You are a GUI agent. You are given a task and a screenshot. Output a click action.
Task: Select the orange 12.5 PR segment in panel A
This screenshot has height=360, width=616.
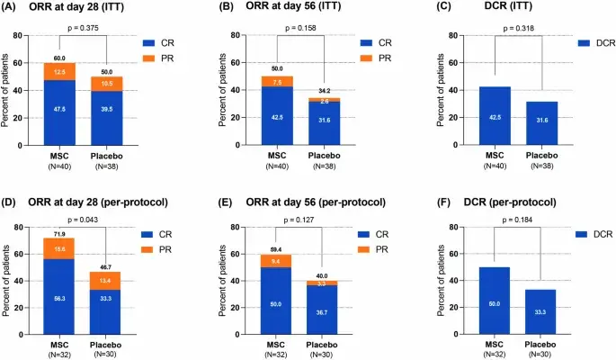pyautogui.click(x=60, y=72)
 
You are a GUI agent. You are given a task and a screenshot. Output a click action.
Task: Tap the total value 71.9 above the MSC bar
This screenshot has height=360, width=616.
pyautogui.click(x=60, y=232)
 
